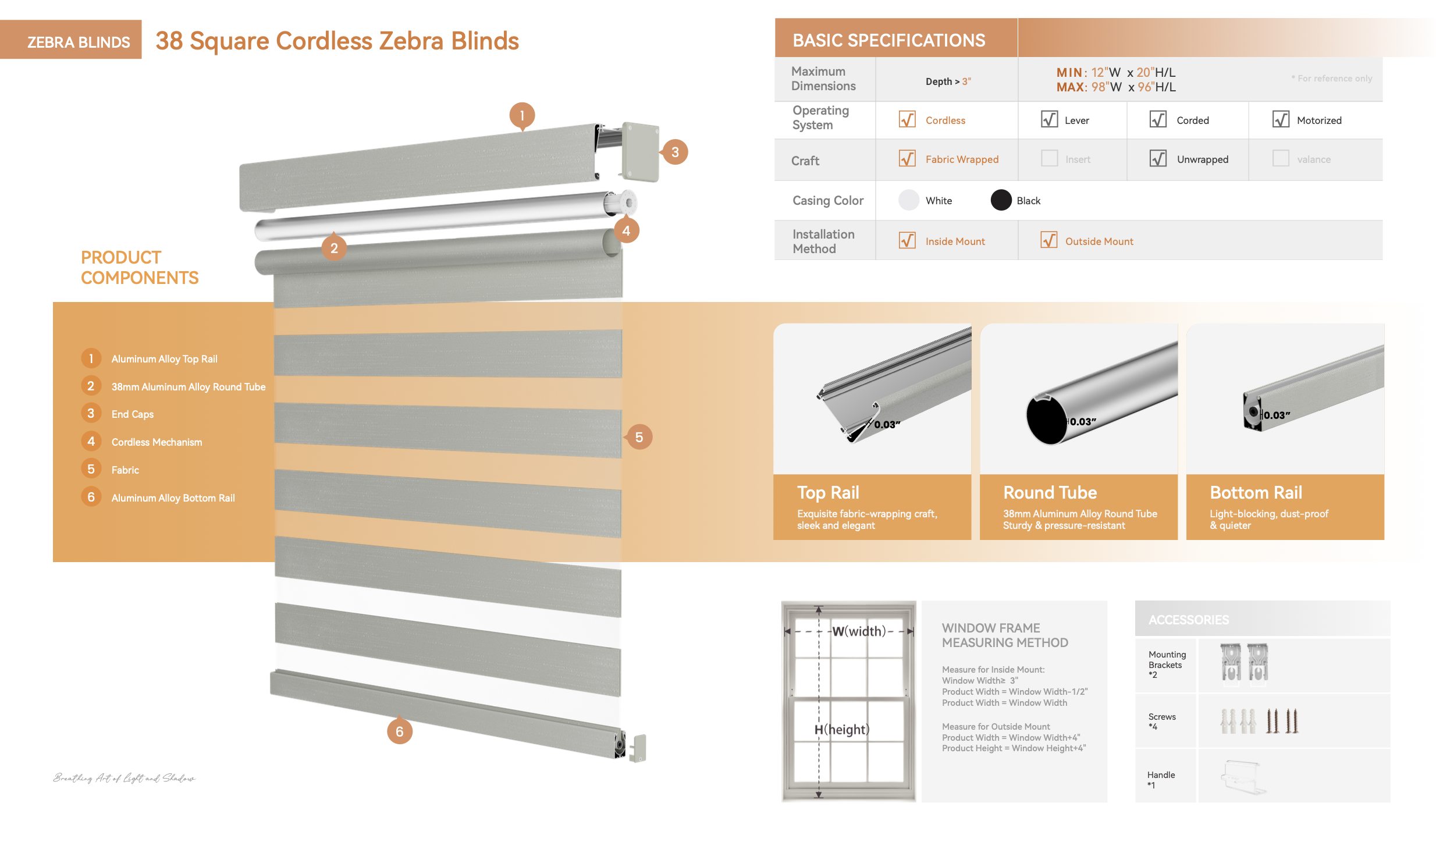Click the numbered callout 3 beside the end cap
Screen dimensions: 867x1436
point(675,152)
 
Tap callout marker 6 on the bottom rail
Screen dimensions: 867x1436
point(399,731)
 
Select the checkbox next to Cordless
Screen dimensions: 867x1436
point(907,119)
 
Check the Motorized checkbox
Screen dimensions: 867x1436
point(1280,119)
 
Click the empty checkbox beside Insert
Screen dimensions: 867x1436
point(1049,158)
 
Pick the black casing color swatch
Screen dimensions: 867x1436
point(1001,200)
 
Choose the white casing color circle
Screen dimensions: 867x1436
point(908,200)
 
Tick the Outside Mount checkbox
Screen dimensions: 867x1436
point(1048,240)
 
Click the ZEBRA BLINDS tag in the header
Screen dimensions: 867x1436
point(78,42)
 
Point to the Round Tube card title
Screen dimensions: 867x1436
point(1050,492)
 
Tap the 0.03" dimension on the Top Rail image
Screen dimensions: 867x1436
point(887,425)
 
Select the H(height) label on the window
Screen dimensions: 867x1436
point(841,730)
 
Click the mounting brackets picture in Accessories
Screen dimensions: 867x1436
point(1243,663)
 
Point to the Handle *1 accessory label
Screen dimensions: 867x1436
point(1160,779)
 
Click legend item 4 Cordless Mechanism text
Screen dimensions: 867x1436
point(157,442)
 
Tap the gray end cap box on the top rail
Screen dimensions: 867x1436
point(640,151)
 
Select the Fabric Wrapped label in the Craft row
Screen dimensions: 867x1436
point(962,159)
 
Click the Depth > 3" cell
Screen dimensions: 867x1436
point(948,81)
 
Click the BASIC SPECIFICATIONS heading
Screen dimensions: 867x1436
point(888,40)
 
